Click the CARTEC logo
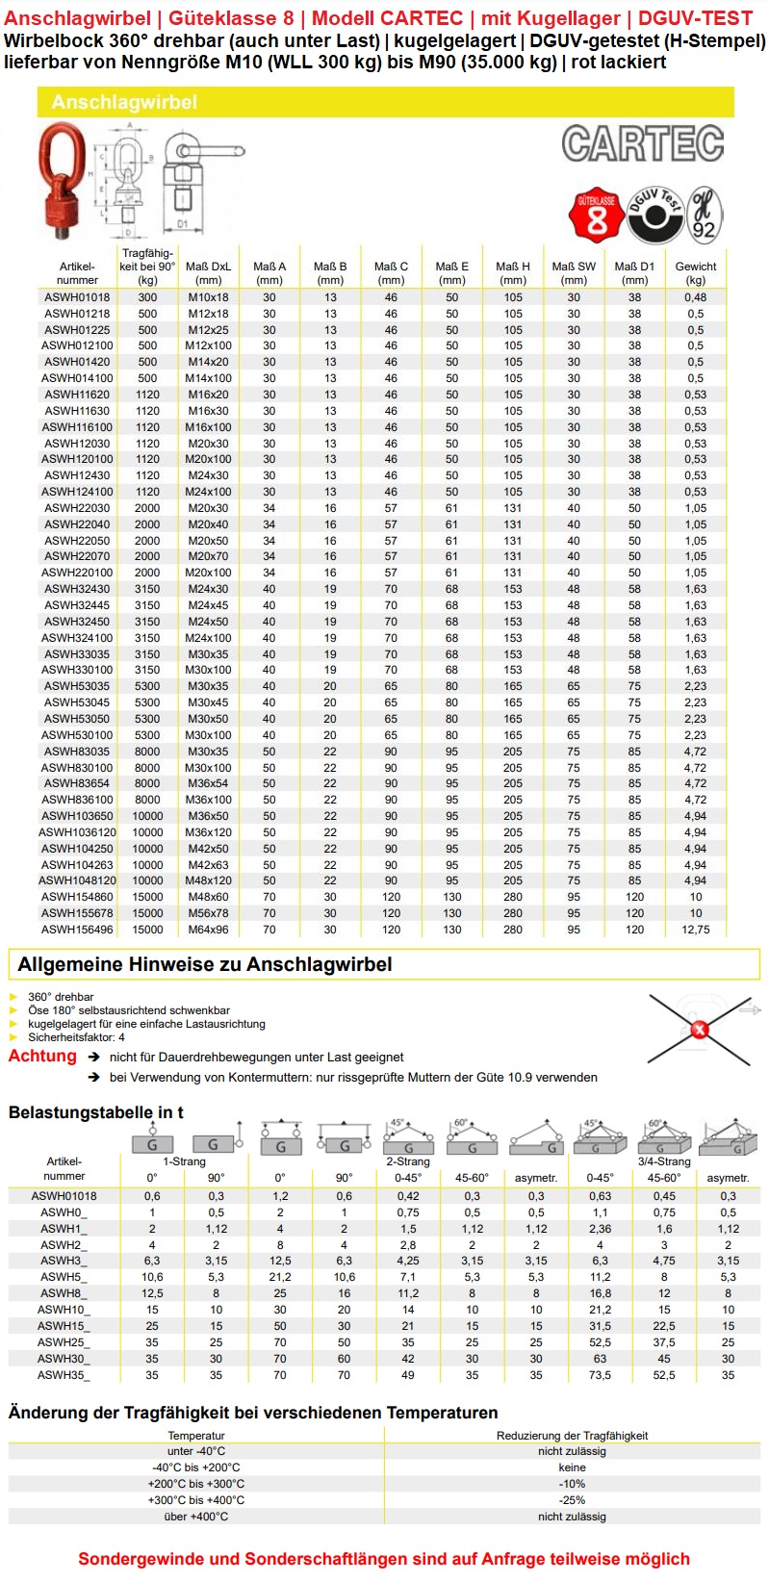pyautogui.click(x=642, y=144)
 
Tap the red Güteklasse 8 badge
pyautogui.click(x=596, y=215)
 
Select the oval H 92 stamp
pyautogui.click(x=705, y=215)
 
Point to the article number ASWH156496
pyautogui.click(x=77, y=930)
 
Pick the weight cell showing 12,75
pyautogui.click(x=695, y=930)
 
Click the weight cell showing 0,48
pyautogui.click(x=695, y=297)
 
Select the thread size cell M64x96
pyautogui.click(x=208, y=930)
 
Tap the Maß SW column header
pyautogui.click(x=574, y=273)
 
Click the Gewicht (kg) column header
pyautogui.click(x=695, y=273)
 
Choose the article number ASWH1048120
pyautogui.click(x=77, y=880)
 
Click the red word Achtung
pyautogui.click(x=42, y=1056)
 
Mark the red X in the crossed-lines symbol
pyautogui.click(x=700, y=1030)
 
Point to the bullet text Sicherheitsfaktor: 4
pyautogui.click(x=76, y=1037)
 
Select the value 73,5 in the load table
pyautogui.click(x=600, y=1375)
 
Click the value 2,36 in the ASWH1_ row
pyautogui.click(x=600, y=1229)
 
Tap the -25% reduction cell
pyautogui.click(x=572, y=1500)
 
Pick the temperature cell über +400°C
pyautogui.click(x=195, y=1517)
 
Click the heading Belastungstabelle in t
pyautogui.click(x=95, y=1112)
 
